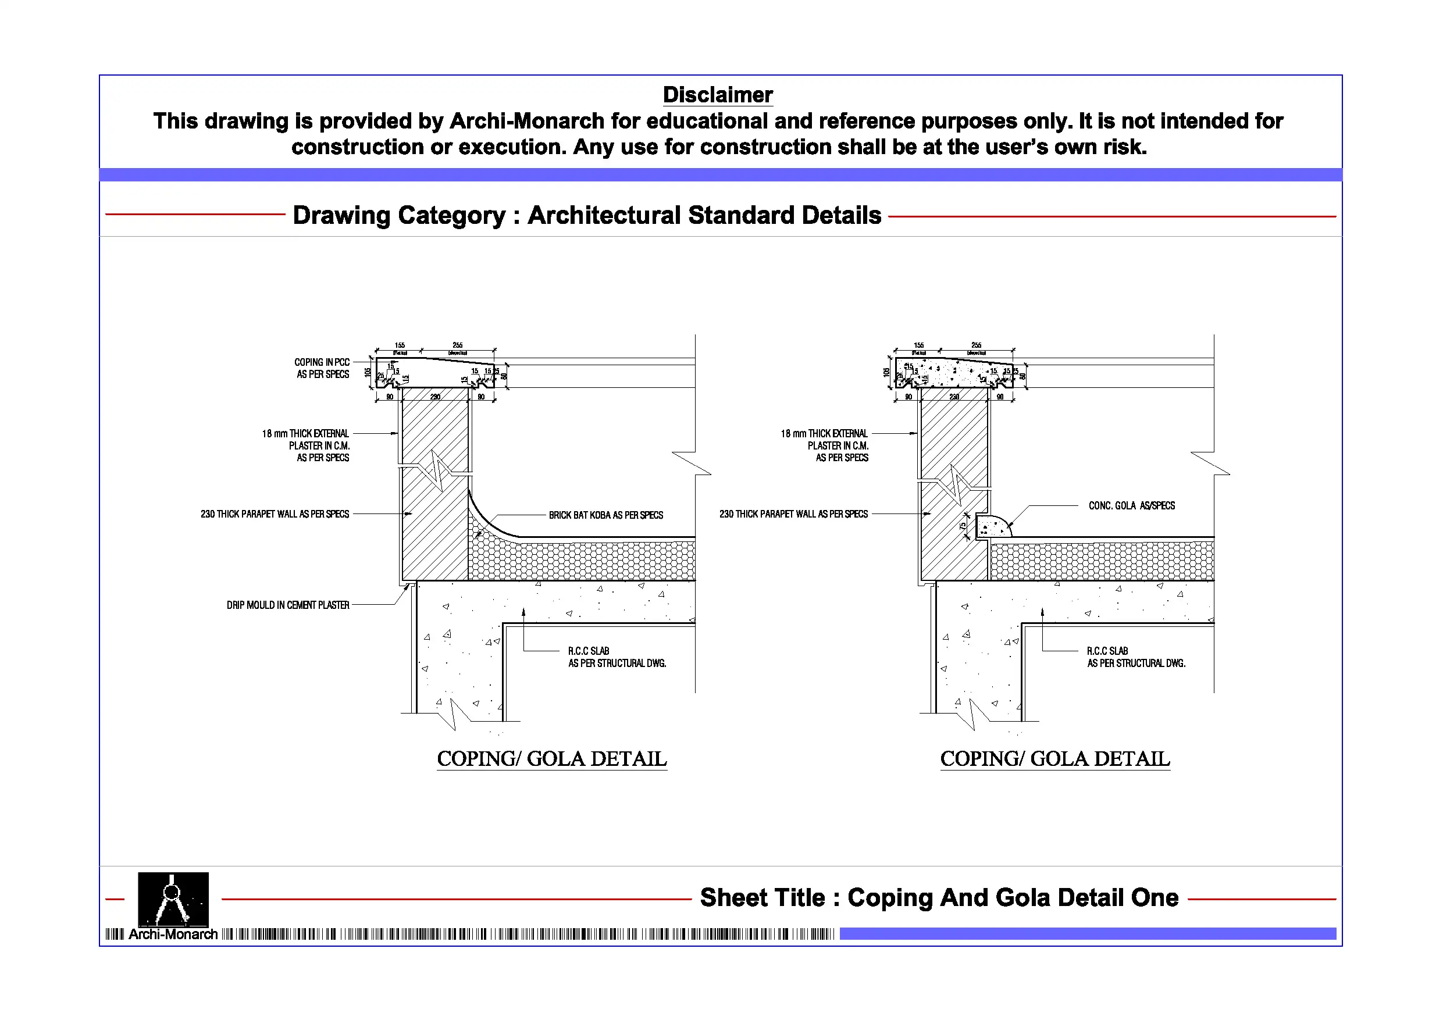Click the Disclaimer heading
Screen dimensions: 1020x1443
click(718, 95)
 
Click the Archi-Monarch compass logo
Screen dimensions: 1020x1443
click(173, 898)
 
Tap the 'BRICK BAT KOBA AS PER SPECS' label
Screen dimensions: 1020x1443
click(606, 515)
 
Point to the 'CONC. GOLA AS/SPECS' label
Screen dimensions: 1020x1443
click(1131, 506)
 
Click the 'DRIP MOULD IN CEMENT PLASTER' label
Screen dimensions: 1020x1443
click(288, 605)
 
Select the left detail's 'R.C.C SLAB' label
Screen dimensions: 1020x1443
click(589, 651)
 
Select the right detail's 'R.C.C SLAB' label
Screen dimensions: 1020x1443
click(1107, 651)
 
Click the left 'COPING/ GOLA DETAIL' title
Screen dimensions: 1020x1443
click(552, 759)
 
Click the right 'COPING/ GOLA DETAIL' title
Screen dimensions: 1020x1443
click(1055, 759)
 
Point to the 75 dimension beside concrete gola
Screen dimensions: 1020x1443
click(963, 526)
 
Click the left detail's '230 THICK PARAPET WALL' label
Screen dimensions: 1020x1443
click(275, 514)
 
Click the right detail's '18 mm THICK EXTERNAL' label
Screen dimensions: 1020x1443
click(824, 434)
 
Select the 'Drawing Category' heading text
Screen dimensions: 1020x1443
click(587, 216)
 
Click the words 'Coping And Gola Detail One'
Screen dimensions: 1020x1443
click(1013, 897)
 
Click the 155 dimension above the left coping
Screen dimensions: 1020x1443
click(400, 345)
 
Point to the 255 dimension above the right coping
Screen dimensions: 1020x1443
click(976, 345)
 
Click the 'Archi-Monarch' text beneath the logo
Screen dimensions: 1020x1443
click(173, 935)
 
